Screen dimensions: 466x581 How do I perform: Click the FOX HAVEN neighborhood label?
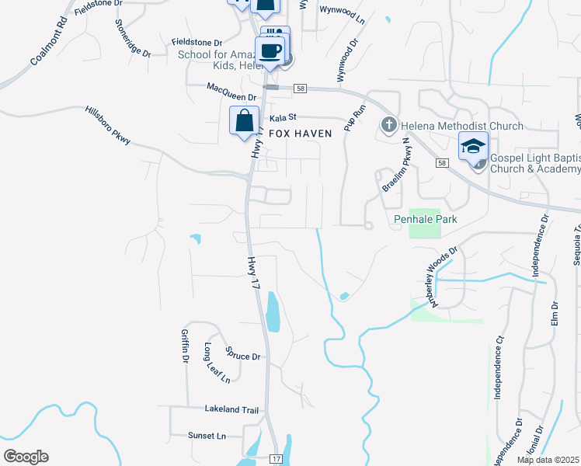(x=300, y=134)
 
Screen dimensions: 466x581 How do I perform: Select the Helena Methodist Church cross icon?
(x=388, y=125)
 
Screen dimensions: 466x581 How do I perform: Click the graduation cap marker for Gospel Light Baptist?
(x=473, y=145)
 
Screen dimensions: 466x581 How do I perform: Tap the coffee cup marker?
(x=270, y=51)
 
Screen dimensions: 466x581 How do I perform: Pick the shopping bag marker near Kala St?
(x=244, y=121)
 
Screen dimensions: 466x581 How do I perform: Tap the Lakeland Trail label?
(x=231, y=409)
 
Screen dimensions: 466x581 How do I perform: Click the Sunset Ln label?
(x=207, y=436)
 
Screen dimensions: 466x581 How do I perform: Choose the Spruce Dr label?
(x=243, y=356)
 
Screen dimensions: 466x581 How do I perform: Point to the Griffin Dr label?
(x=185, y=346)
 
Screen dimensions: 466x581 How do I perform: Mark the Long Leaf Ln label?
(x=217, y=363)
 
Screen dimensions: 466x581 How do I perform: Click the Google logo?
(x=26, y=457)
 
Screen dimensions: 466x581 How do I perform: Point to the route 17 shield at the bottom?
(x=276, y=460)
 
